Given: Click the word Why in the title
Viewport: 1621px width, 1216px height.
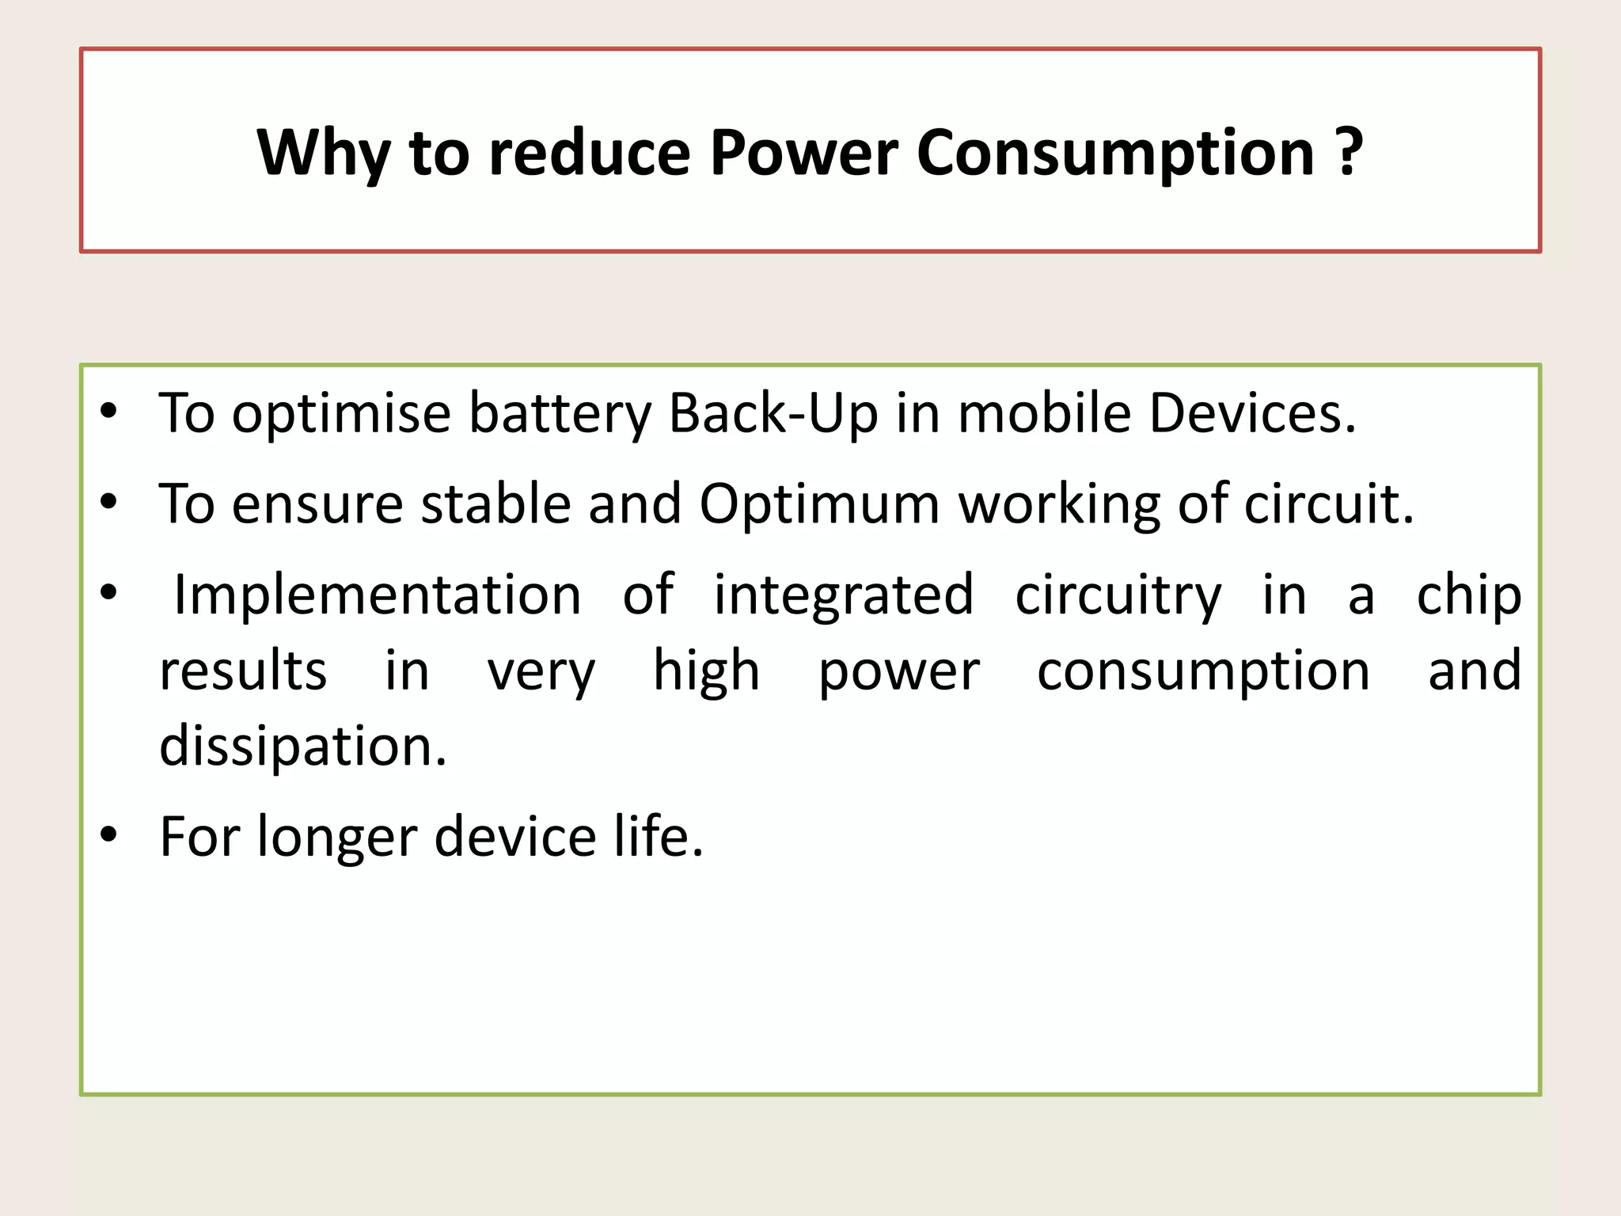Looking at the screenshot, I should tap(323, 152).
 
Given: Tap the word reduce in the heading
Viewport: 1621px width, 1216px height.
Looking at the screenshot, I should tap(590, 152).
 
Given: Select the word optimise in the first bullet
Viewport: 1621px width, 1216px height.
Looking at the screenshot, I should tap(341, 413).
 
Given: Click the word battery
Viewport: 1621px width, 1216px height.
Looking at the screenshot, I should tap(560, 415).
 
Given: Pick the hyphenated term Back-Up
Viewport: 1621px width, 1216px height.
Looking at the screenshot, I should tap(773, 413).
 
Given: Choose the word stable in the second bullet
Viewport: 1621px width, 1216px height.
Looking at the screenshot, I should tap(496, 503).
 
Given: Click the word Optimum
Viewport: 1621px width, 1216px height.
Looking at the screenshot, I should tap(819, 505).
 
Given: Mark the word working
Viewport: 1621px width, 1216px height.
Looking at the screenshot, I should tap(1060, 505).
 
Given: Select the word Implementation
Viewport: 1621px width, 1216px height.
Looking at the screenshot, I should tap(378, 595).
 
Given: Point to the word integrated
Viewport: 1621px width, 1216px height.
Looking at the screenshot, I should tap(844, 595).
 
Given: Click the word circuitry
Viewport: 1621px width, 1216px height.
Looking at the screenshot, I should tap(1118, 595).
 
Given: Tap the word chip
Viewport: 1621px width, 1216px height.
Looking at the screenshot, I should tap(1469, 595).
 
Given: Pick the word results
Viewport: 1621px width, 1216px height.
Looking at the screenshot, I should tap(243, 671).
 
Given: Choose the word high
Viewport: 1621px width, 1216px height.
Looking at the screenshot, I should tap(706, 671).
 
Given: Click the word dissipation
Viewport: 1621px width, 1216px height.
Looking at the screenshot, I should tap(302, 747).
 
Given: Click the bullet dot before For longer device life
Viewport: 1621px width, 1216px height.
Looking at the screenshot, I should tap(109, 834).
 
